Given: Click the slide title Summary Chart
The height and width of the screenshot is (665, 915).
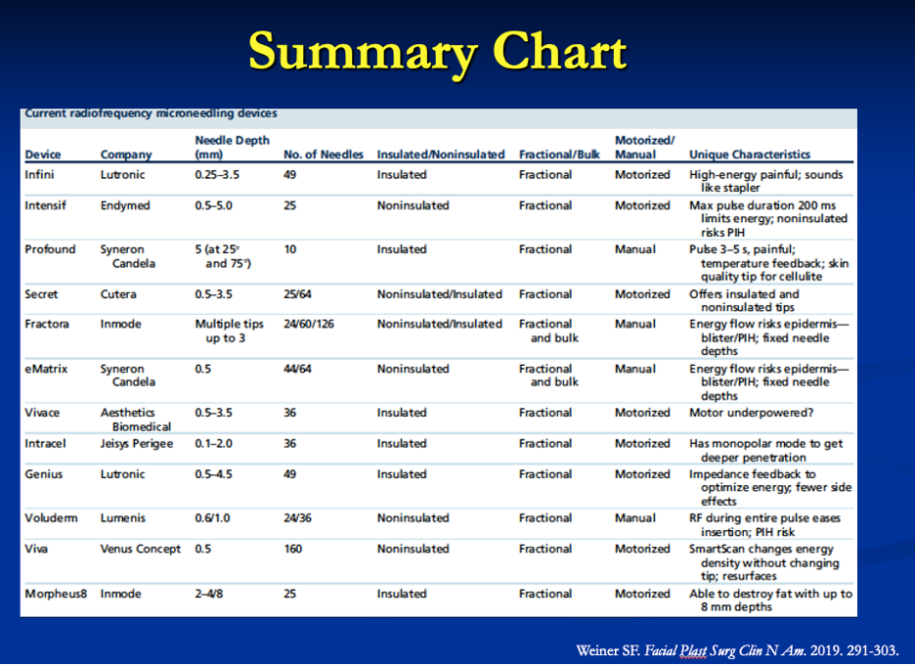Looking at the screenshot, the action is tap(438, 53).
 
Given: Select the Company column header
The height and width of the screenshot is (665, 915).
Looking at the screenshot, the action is tap(126, 155).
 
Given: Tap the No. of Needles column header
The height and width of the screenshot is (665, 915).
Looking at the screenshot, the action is tap(324, 155).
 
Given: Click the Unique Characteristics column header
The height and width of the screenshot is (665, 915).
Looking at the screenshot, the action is tap(750, 155).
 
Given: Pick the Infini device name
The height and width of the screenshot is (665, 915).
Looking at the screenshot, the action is tap(39, 175).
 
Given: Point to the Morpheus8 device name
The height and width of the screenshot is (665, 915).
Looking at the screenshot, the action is tap(56, 594).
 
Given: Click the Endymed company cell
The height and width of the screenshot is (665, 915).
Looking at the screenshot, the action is tap(125, 205).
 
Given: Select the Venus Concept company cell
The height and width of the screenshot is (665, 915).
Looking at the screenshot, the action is tap(141, 549).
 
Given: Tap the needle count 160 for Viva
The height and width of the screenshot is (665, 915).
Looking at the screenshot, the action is tap(293, 549).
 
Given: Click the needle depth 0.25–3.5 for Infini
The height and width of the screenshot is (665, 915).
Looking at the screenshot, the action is tap(217, 175).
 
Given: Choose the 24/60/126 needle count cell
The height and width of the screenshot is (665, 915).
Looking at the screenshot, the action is tap(309, 324).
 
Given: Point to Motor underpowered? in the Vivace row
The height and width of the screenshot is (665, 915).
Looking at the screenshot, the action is tap(751, 413).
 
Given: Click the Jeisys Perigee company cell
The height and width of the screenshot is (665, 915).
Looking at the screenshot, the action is tap(137, 444).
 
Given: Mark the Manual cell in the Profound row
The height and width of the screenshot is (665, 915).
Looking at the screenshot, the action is tap(634, 249).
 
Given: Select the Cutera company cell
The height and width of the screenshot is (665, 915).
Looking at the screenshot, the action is tap(118, 294).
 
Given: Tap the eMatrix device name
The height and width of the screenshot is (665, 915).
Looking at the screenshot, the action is tap(46, 369).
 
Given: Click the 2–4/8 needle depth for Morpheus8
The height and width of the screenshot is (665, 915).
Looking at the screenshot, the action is tap(209, 594).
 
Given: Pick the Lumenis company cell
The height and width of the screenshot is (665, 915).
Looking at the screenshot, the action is tap(122, 518).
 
